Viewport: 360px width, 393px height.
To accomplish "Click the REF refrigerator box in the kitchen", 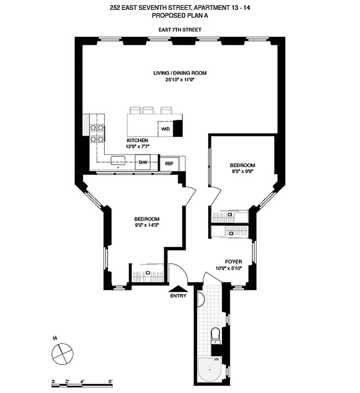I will (x=169, y=164).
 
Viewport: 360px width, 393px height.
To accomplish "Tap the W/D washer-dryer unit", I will (x=166, y=129).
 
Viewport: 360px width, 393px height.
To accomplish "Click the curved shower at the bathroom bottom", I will (x=209, y=370).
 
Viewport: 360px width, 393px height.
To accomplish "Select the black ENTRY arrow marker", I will (x=178, y=289).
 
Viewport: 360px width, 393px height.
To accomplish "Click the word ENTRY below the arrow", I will (x=178, y=296).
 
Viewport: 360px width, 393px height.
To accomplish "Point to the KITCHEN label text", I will (x=138, y=140).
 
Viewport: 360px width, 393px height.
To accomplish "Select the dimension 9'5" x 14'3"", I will (x=147, y=225).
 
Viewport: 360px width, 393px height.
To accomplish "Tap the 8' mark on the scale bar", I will (x=111, y=381).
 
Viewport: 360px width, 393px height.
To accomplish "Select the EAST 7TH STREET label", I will (x=179, y=30).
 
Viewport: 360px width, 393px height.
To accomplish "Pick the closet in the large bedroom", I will (x=147, y=273).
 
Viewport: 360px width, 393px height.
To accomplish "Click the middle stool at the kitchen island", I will (x=148, y=110).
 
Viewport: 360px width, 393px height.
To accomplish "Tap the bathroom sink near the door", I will (x=200, y=298).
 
